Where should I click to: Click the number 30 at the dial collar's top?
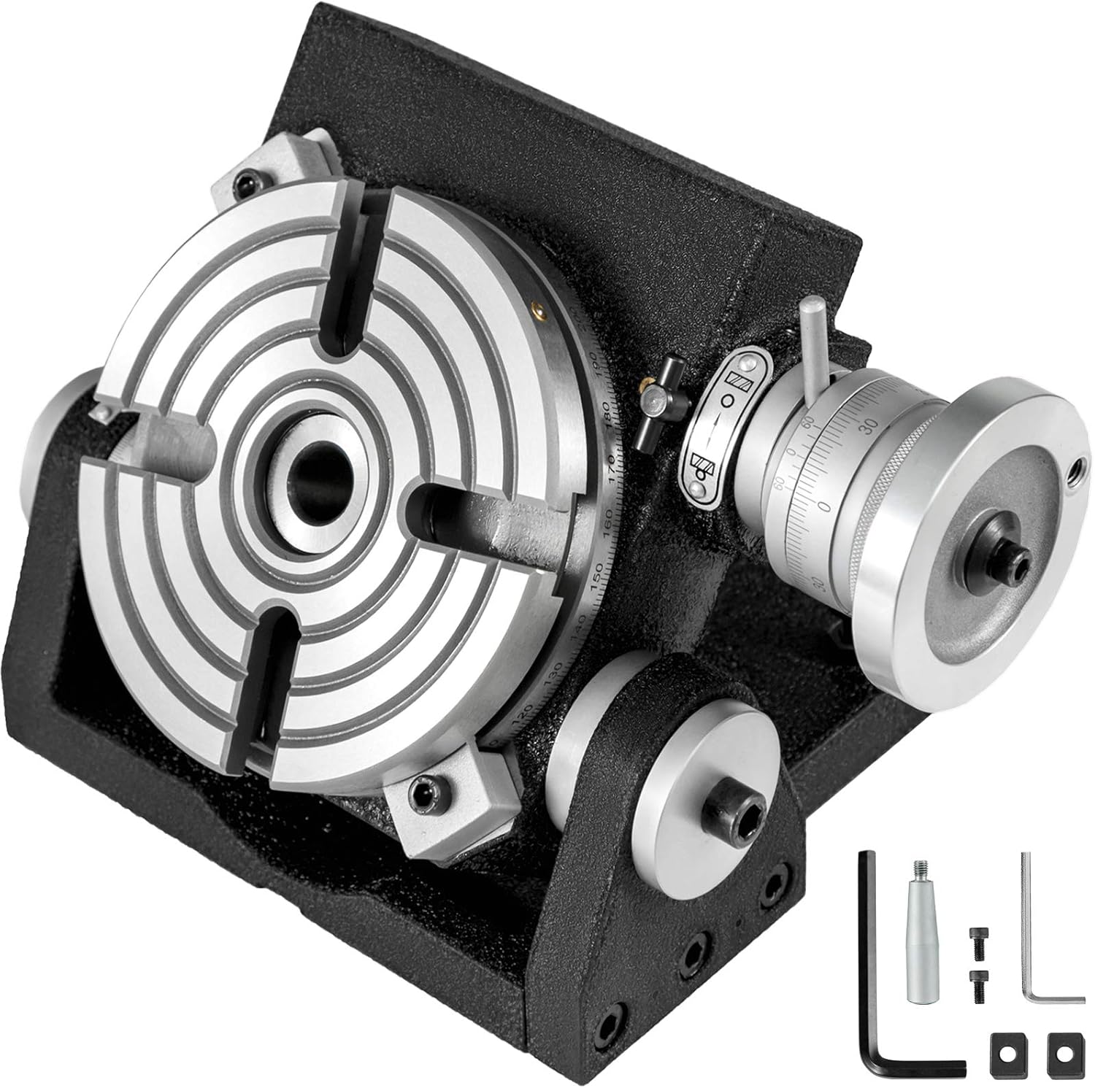pos(888,425)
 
